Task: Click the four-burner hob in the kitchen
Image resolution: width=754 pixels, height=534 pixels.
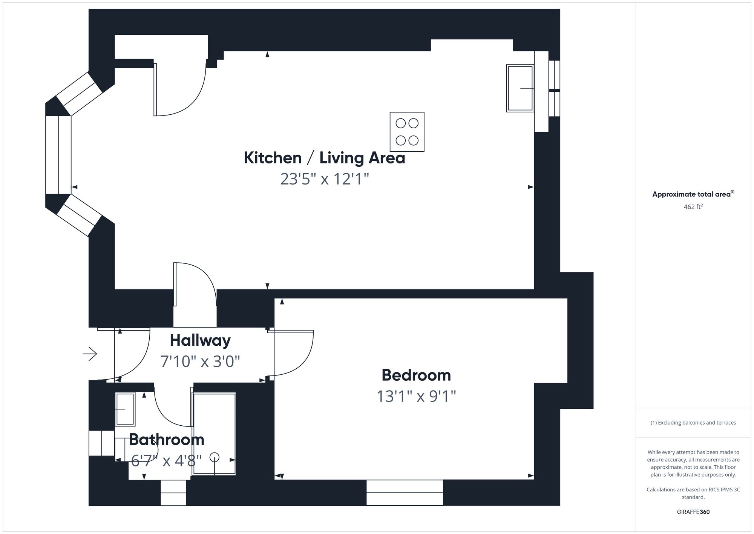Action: click(x=407, y=132)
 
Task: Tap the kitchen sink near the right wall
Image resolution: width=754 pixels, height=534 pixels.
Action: click(x=520, y=88)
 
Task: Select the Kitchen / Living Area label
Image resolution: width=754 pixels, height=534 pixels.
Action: click(x=324, y=158)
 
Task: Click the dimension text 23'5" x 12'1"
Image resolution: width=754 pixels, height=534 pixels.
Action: click(x=324, y=179)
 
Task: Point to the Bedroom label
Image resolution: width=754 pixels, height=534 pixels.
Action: click(x=416, y=375)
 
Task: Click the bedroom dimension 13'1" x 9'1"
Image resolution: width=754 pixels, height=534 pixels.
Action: click(x=416, y=396)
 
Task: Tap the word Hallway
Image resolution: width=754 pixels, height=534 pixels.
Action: click(x=200, y=340)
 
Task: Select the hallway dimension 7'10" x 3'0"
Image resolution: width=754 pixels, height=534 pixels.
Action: click(x=200, y=362)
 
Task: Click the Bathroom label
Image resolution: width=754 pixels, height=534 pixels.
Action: click(x=166, y=440)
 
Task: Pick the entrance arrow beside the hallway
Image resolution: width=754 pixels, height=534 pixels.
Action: click(x=90, y=354)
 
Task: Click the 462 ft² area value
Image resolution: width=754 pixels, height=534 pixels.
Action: click(x=693, y=207)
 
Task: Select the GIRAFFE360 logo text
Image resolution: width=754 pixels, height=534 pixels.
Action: click(x=693, y=512)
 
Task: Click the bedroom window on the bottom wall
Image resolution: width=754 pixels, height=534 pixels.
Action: click(x=405, y=492)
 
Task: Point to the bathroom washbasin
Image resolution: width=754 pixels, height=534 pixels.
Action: click(x=125, y=409)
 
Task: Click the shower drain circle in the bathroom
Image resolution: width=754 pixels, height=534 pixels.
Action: click(x=215, y=457)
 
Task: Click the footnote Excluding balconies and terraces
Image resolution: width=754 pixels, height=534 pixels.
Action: click(x=693, y=423)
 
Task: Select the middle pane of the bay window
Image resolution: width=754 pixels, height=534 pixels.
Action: click(x=58, y=155)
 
